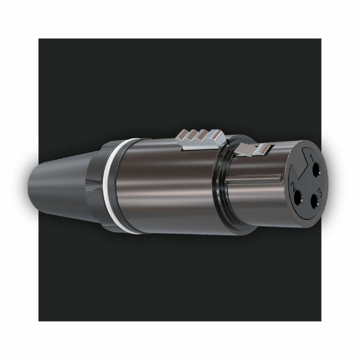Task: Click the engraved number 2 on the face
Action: click(x=293, y=186)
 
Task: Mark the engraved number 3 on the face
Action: click(x=320, y=192)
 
